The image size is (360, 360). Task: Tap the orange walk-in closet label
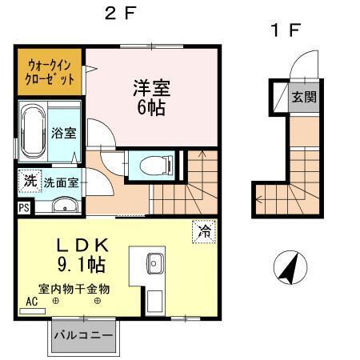tap(50, 71)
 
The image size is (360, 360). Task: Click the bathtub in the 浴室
tap(34, 131)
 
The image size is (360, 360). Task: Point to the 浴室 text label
tap(64, 133)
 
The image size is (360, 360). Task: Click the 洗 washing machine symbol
tap(29, 181)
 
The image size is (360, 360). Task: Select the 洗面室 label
tap(61, 182)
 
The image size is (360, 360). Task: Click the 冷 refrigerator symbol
tap(204, 232)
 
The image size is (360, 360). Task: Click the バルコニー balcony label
tap(82, 335)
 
